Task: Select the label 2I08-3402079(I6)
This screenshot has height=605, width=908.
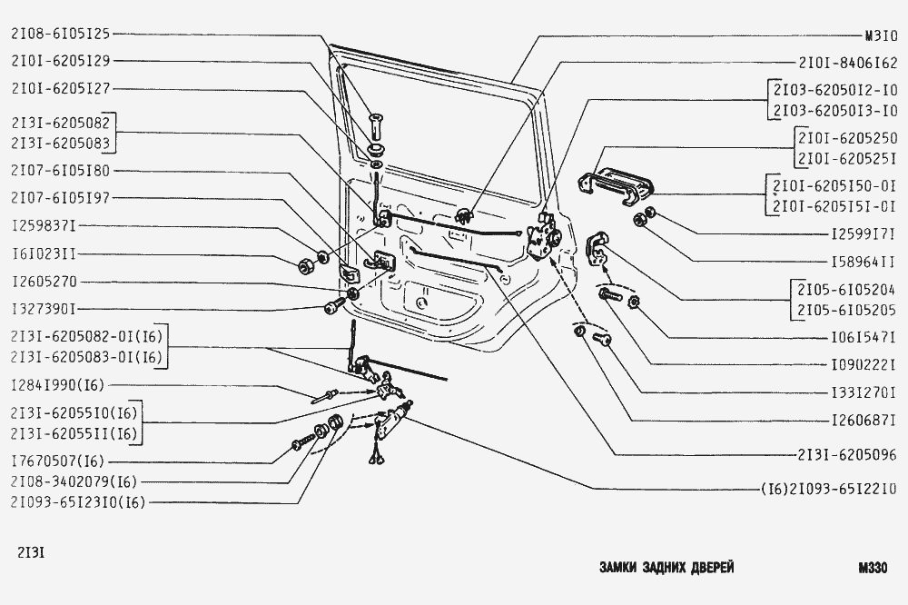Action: click(74, 481)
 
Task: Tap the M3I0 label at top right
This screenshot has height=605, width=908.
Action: click(881, 37)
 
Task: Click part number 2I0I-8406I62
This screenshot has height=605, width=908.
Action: click(848, 64)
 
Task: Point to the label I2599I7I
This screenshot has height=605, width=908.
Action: click(864, 233)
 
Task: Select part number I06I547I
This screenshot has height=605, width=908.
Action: click(864, 336)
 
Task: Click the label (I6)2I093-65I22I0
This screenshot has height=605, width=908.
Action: click(830, 486)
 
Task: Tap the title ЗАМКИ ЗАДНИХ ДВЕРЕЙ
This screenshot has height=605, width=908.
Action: click(667, 567)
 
